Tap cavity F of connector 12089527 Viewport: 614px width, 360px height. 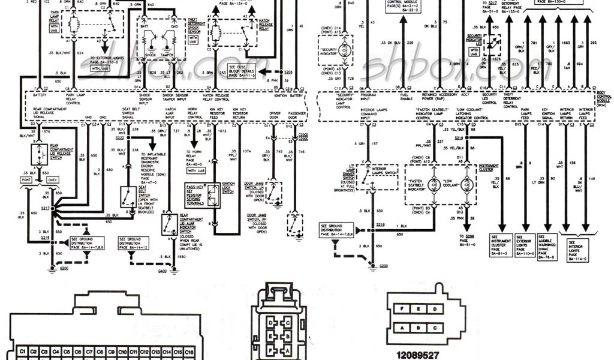[x=401, y=308]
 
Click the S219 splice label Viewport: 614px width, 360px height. [x=459, y=137]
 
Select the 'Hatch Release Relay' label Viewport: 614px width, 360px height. [x=267, y=23]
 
